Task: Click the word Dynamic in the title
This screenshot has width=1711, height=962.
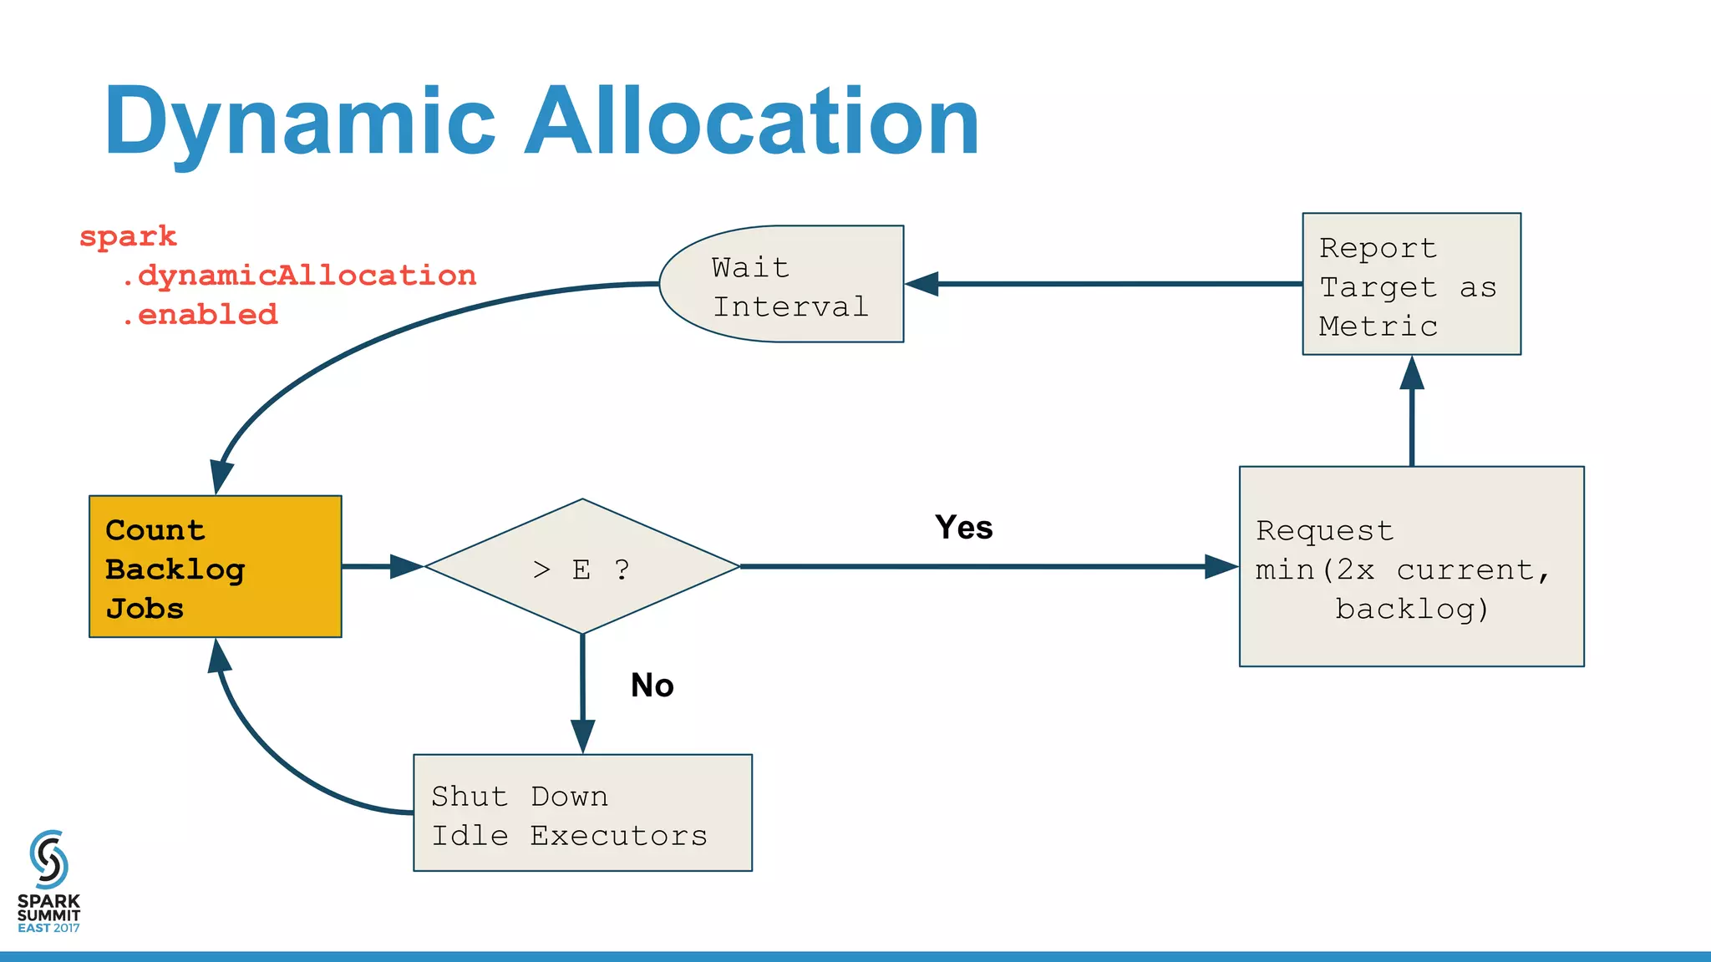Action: (301, 124)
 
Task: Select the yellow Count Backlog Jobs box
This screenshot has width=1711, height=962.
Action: (216, 567)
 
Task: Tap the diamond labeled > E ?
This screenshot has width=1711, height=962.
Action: (582, 567)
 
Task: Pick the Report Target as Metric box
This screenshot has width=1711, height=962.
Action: (1411, 285)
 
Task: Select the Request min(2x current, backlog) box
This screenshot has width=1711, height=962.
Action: (1411, 567)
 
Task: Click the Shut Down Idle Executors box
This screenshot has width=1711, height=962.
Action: (582, 813)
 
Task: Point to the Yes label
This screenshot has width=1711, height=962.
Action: (963, 528)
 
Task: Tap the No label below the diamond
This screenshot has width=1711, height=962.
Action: (652, 686)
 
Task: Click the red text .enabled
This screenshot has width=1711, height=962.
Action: (201, 315)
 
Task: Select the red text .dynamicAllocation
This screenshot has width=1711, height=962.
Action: (299, 276)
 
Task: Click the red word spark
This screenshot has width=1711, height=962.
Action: (128, 236)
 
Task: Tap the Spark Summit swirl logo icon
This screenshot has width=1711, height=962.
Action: (48, 859)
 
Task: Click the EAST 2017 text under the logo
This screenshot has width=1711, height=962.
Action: (48, 929)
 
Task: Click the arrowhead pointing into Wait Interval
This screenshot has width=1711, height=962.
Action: (922, 284)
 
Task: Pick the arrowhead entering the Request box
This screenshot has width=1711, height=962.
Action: (1221, 567)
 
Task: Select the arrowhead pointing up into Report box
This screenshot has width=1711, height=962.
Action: (1412, 373)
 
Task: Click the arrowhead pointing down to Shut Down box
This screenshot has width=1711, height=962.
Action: (582, 736)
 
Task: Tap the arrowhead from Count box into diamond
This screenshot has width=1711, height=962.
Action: (407, 567)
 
